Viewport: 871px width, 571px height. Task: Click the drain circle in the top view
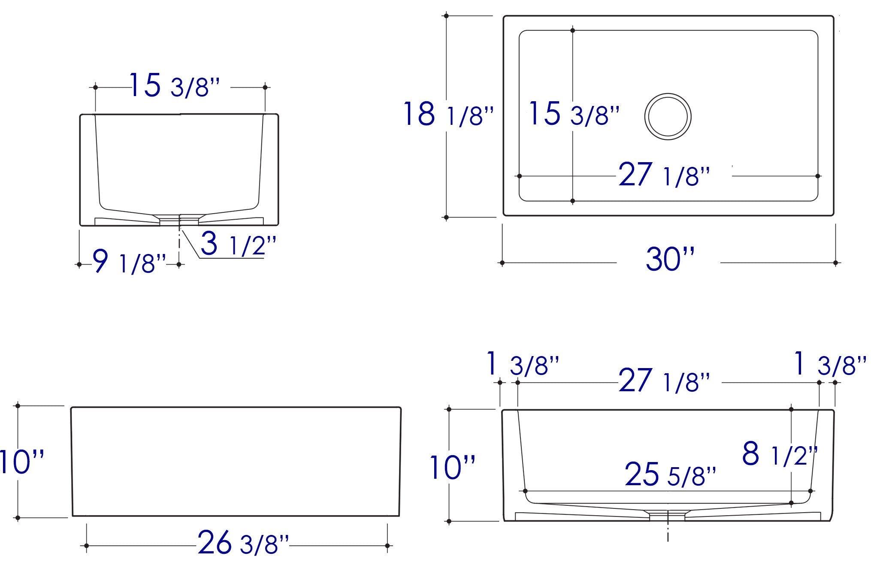[x=668, y=116]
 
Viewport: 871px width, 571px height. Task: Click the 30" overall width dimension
[x=669, y=259]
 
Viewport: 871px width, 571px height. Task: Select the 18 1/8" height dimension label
[x=448, y=115]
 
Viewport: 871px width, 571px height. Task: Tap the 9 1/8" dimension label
[x=129, y=262]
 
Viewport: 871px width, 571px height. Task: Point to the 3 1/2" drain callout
[x=238, y=244]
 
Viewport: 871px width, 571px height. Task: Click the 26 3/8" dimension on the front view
[x=243, y=543]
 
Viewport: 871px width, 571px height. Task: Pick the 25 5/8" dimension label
[x=670, y=474]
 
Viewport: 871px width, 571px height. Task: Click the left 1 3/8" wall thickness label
[x=523, y=364]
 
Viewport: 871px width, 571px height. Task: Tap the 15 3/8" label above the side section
[x=174, y=85]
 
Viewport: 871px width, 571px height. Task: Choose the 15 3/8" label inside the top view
[x=574, y=114]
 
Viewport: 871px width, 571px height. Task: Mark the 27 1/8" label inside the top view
[x=664, y=175]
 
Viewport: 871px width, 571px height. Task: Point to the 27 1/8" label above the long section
[x=664, y=381]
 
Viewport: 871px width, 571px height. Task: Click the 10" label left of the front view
[x=21, y=462]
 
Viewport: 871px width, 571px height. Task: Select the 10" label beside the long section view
[x=452, y=468]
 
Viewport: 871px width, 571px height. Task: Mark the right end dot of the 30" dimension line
[x=835, y=263]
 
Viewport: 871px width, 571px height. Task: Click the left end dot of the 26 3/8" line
[x=87, y=546]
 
